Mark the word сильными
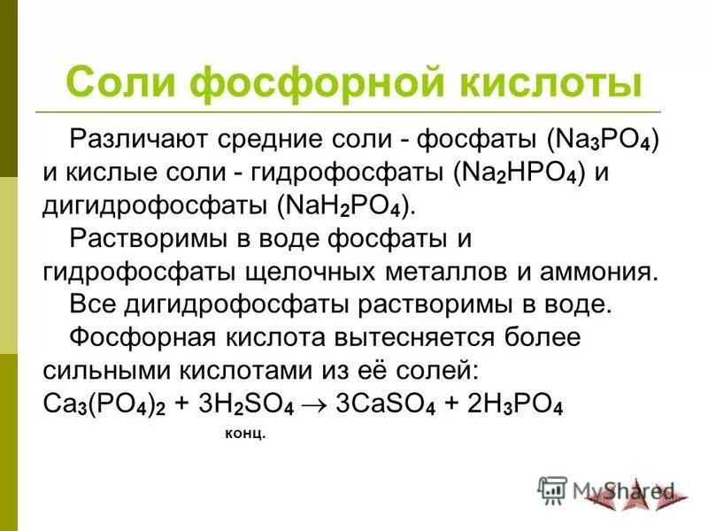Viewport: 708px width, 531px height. point(96,369)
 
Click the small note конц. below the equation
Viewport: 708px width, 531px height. point(240,435)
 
